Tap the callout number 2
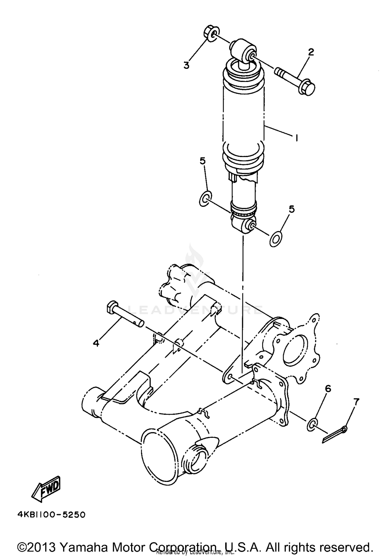310,52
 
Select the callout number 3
186,65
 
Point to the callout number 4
96,343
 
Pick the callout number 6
328,389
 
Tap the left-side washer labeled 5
205,199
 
